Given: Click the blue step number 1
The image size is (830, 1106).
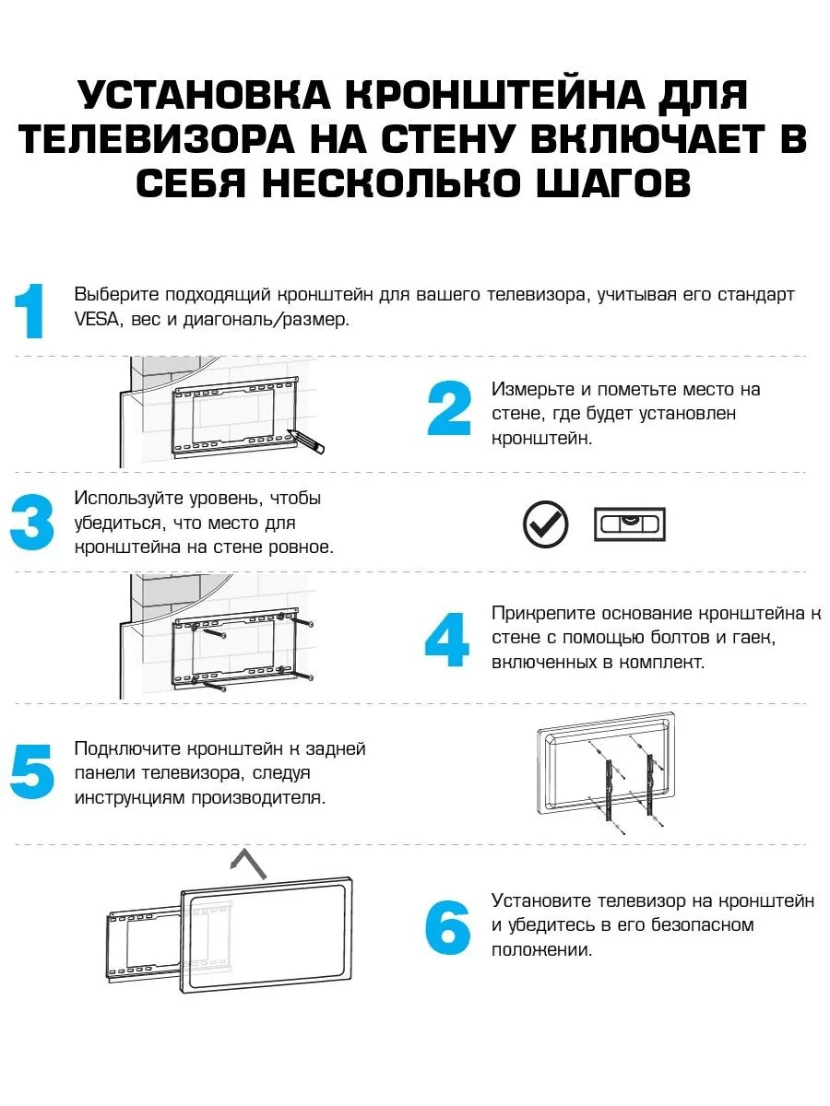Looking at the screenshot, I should tap(31, 312).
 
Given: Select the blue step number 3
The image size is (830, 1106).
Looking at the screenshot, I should tap(31, 523).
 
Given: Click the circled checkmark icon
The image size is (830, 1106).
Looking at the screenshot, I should tap(546, 524).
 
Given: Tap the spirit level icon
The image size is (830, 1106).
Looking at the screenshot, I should tap(628, 524).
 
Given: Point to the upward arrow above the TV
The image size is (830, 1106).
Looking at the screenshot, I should tap(248, 864).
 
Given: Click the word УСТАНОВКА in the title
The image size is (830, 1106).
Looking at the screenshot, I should tap(199, 96).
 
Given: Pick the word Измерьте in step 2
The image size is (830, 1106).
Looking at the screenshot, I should tap(531, 389).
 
